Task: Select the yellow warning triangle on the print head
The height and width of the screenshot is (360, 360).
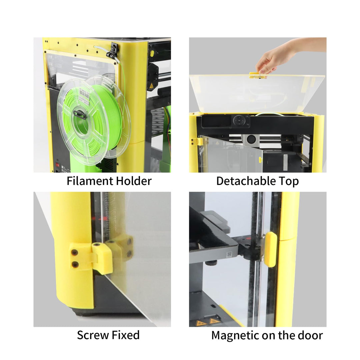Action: (x=151, y=86)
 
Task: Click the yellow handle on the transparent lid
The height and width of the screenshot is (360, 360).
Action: (x=258, y=75)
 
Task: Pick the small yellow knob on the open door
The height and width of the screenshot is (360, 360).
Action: (x=260, y=160)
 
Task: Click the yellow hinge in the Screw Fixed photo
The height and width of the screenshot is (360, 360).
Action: (x=102, y=257)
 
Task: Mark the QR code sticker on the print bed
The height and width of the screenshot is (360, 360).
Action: (x=229, y=255)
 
